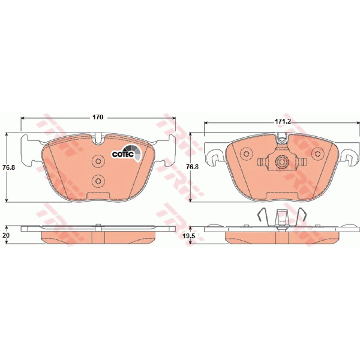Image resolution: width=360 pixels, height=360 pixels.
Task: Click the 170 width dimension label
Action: click(98, 117)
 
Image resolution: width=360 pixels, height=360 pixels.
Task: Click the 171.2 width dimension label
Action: click(283, 121)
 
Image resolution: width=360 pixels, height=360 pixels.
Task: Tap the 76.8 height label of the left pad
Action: click(9, 167)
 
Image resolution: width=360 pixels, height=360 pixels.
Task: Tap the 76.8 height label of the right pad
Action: click(192, 167)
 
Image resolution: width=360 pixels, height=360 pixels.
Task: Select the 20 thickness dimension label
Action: click(6, 235)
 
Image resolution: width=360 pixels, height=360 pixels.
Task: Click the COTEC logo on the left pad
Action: click(126, 153)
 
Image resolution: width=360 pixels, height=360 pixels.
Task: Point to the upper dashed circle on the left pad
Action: click(98, 162)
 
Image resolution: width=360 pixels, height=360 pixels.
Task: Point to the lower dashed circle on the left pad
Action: click(98, 181)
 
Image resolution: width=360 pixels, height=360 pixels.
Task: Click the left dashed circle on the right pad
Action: click(246, 153)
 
